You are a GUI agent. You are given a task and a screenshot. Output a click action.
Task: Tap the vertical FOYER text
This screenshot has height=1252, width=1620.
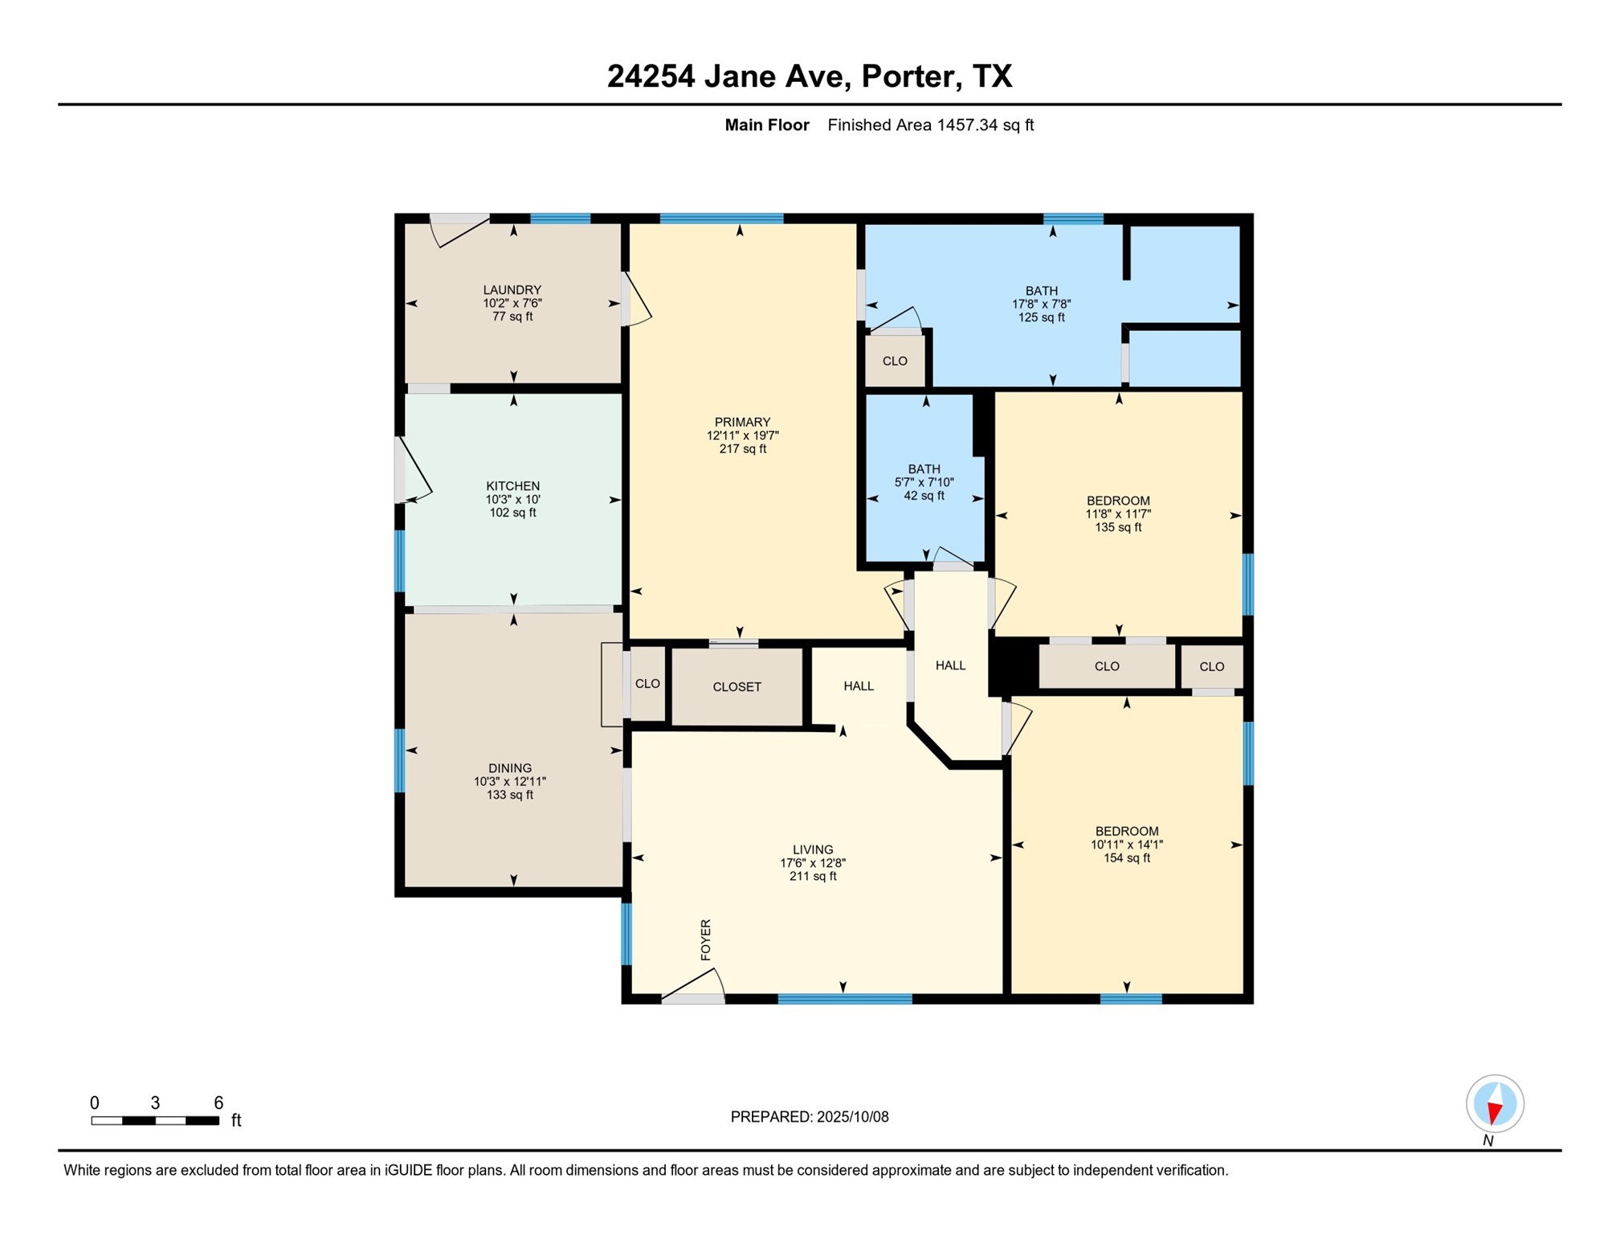pyautogui.click(x=705, y=939)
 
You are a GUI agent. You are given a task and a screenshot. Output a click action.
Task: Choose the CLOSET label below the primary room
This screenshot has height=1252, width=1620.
pyautogui.click(x=737, y=686)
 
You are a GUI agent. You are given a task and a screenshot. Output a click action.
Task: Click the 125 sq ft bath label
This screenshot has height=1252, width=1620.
pyautogui.click(x=1041, y=304)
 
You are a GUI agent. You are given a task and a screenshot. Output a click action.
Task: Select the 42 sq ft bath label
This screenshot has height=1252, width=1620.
pyautogui.click(x=924, y=481)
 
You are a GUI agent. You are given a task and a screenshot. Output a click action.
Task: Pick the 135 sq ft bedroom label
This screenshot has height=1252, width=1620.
pyautogui.click(x=1117, y=513)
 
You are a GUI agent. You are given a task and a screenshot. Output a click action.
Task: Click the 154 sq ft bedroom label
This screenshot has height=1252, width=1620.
pyautogui.click(x=1126, y=844)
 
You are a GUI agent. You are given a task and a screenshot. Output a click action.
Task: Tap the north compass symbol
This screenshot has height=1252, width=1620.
pyautogui.click(x=1494, y=1104)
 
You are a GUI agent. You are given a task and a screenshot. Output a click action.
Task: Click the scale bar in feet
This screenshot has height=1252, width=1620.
pyautogui.click(x=155, y=1119)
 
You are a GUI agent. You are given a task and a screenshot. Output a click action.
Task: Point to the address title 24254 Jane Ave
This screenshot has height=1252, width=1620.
pyautogui.click(x=809, y=76)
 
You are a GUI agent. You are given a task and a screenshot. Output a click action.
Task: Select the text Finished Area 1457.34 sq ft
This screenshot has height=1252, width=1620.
pyautogui.click(x=930, y=125)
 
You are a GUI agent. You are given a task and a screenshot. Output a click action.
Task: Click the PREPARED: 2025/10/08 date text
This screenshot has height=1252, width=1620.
pyautogui.click(x=809, y=1116)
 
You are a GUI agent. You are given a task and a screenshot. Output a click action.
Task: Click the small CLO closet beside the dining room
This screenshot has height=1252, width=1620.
pyautogui.click(x=647, y=683)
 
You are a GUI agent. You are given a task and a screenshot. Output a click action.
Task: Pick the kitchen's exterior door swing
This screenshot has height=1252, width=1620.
pyautogui.click(x=411, y=472)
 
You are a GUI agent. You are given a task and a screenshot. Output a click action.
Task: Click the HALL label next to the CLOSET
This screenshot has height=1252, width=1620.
pyautogui.click(x=858, y=685)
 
